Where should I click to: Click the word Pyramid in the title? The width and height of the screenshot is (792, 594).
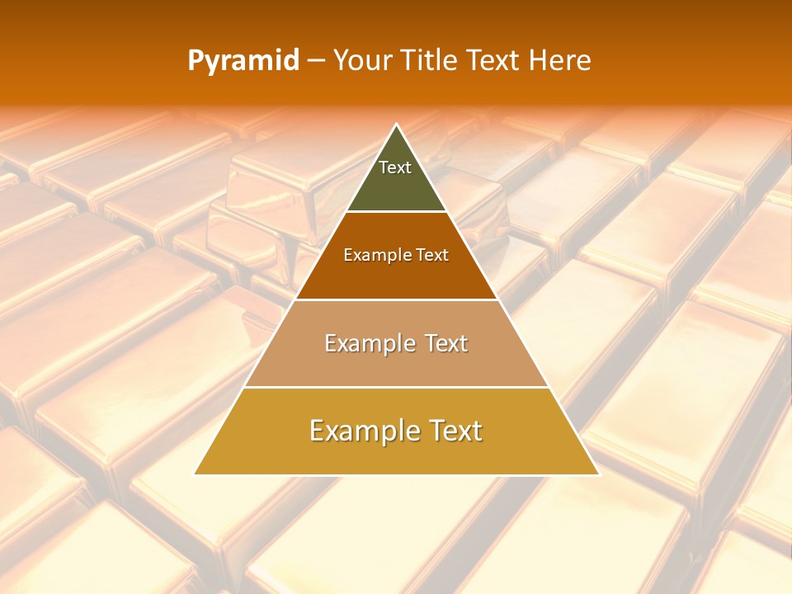(x=243, y=61)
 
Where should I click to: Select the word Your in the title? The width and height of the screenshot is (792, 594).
(x=362, y=61)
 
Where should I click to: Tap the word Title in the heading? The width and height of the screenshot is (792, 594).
(x=430, y=61)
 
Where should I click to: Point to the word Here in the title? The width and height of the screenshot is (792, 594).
(x=560, y=61)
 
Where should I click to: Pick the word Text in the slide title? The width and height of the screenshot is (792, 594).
(x=493, y=61)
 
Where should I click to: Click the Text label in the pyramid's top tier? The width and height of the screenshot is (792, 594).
(x=395, y=167)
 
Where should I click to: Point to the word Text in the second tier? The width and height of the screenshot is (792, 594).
(x=433, y=256)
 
